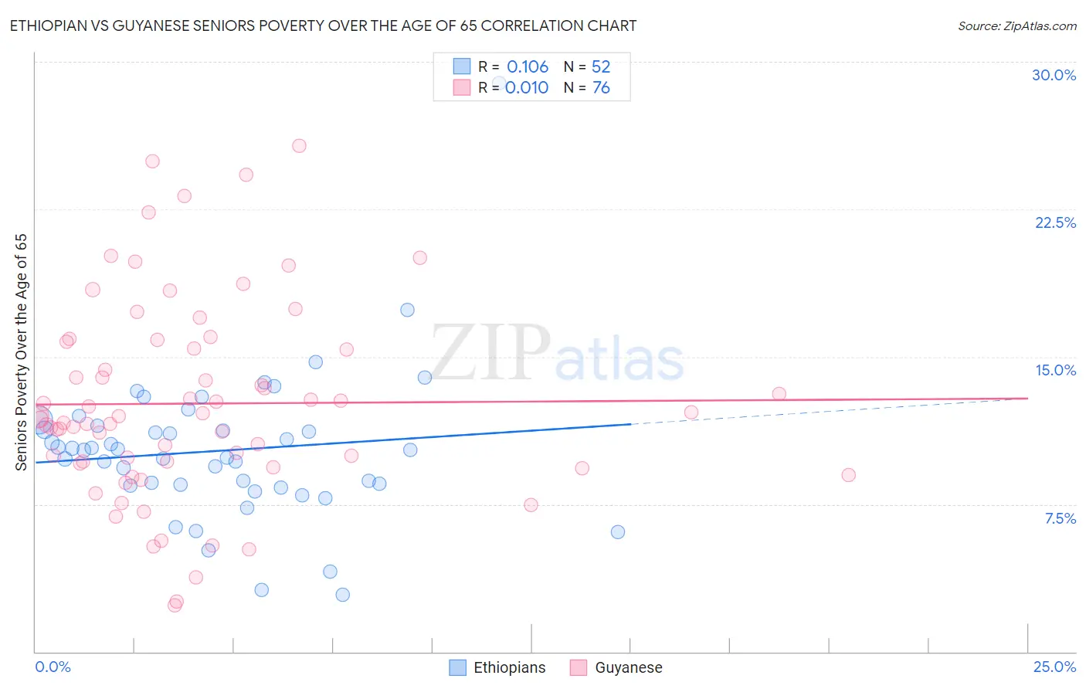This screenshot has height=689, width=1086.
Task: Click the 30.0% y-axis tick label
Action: (x=1054, y=75)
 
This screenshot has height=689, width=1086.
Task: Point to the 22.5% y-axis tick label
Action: (x=1055, y=222)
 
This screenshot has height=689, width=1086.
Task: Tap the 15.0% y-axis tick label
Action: (x=1055, y=370)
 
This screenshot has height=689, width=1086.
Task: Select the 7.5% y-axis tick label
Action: (x=1060, y=518)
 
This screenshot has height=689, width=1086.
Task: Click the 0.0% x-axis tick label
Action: (x=53, y=667)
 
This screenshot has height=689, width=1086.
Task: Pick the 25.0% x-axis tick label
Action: (x=1054, y=667)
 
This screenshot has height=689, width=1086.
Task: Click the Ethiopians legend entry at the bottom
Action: (x=497, y=667)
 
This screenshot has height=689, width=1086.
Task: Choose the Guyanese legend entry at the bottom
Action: (x=616, y=667)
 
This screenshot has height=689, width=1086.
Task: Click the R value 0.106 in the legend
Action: (x=528, y=66)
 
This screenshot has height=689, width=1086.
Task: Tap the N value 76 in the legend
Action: (x=601, y=87)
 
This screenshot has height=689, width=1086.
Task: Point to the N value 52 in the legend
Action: (x=601, y=66)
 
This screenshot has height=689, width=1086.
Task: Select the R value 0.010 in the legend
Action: (x=527, y=87)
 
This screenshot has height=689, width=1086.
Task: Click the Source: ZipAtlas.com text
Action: (x=1016, y=25)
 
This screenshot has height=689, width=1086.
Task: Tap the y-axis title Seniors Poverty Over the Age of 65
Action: (x=22, y=351)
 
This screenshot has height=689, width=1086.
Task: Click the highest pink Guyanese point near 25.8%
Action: (x=299, y=145)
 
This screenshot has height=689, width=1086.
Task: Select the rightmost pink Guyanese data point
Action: (x=848, y=475)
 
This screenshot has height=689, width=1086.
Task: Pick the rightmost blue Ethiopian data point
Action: (x=617, y=531)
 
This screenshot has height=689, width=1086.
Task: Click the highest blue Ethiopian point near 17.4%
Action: (x=407, y=310)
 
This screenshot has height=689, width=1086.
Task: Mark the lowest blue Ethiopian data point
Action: (x=342, y=594)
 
